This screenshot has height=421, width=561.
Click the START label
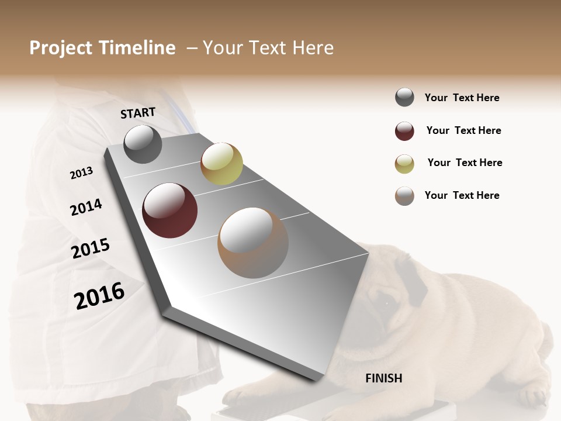pos(138,113)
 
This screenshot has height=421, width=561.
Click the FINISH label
pos(384,378)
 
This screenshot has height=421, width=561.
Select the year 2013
pos(81,173)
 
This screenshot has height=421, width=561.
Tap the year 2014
pos(86,208)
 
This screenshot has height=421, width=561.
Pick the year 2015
pos(91,249)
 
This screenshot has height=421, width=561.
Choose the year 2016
pos(99,295)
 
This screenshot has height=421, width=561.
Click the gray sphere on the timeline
pos(143,144)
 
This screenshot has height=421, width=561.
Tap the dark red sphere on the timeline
pos(169,210)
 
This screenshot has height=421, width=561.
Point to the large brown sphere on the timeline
pos(253,243)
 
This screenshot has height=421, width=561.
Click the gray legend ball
pos(404,98)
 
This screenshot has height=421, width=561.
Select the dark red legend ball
pos(404,131)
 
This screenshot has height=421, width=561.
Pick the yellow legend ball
pos(404,164)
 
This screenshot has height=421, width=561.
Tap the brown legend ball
pos(404,196)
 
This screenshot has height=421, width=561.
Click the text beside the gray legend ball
pos(462,98)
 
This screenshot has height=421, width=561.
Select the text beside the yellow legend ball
pos(465,163)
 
